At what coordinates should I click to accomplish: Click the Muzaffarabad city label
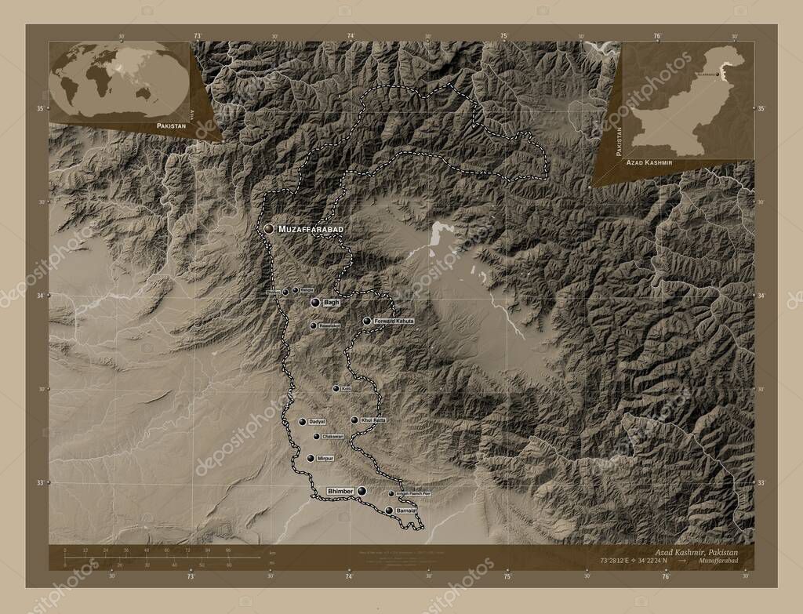[x=311, y=228]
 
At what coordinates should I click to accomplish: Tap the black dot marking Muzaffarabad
[x=269, y=228]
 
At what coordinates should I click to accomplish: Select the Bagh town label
[x=331, y=302]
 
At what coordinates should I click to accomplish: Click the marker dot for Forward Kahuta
[x=366, y=321]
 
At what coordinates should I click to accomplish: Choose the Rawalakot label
[x=329, y=325]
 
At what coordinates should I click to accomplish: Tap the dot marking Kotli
[x=336, y=388]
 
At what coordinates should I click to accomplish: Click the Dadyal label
[x=317, y=422]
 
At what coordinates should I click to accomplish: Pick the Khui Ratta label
[x=374, y=421]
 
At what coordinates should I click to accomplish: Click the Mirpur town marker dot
[x=311, y=458]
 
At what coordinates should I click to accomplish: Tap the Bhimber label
[x=340, y=491]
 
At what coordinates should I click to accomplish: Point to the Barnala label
[x=405, y=510]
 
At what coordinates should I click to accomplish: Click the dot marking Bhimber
[x=362, y=491]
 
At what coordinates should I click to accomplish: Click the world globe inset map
[x=118, y=79]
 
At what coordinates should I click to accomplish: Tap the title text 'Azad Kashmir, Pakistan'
[x=699, y=553]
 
